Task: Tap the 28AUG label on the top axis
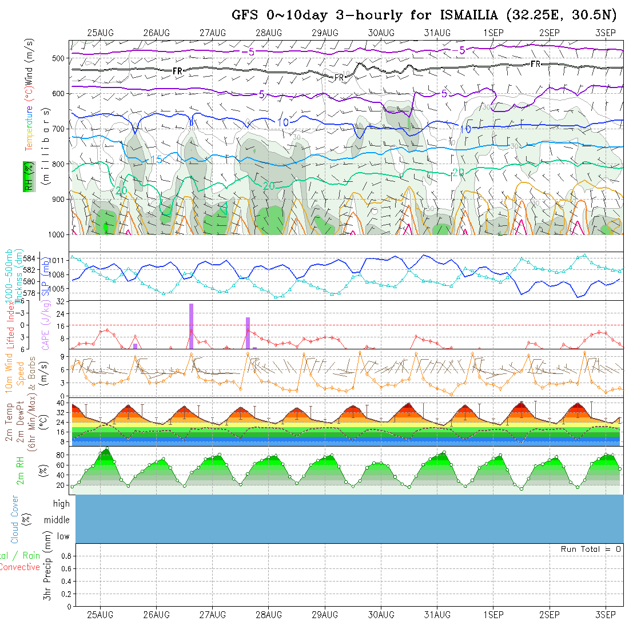(269, 33)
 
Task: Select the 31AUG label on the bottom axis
(437, 615)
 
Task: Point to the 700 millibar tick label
(58, 128)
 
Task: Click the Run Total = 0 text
(591, 549)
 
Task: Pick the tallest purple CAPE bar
(191, 326)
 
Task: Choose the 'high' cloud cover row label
(61, 504)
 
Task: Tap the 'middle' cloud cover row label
(57, 520)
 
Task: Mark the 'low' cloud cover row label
(63, 536)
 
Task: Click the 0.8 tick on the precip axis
(66, 556)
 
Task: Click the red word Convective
(20, 567)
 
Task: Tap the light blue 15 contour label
(156, 159)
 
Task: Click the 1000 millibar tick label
(57, 234)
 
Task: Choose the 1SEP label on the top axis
(493, 33)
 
